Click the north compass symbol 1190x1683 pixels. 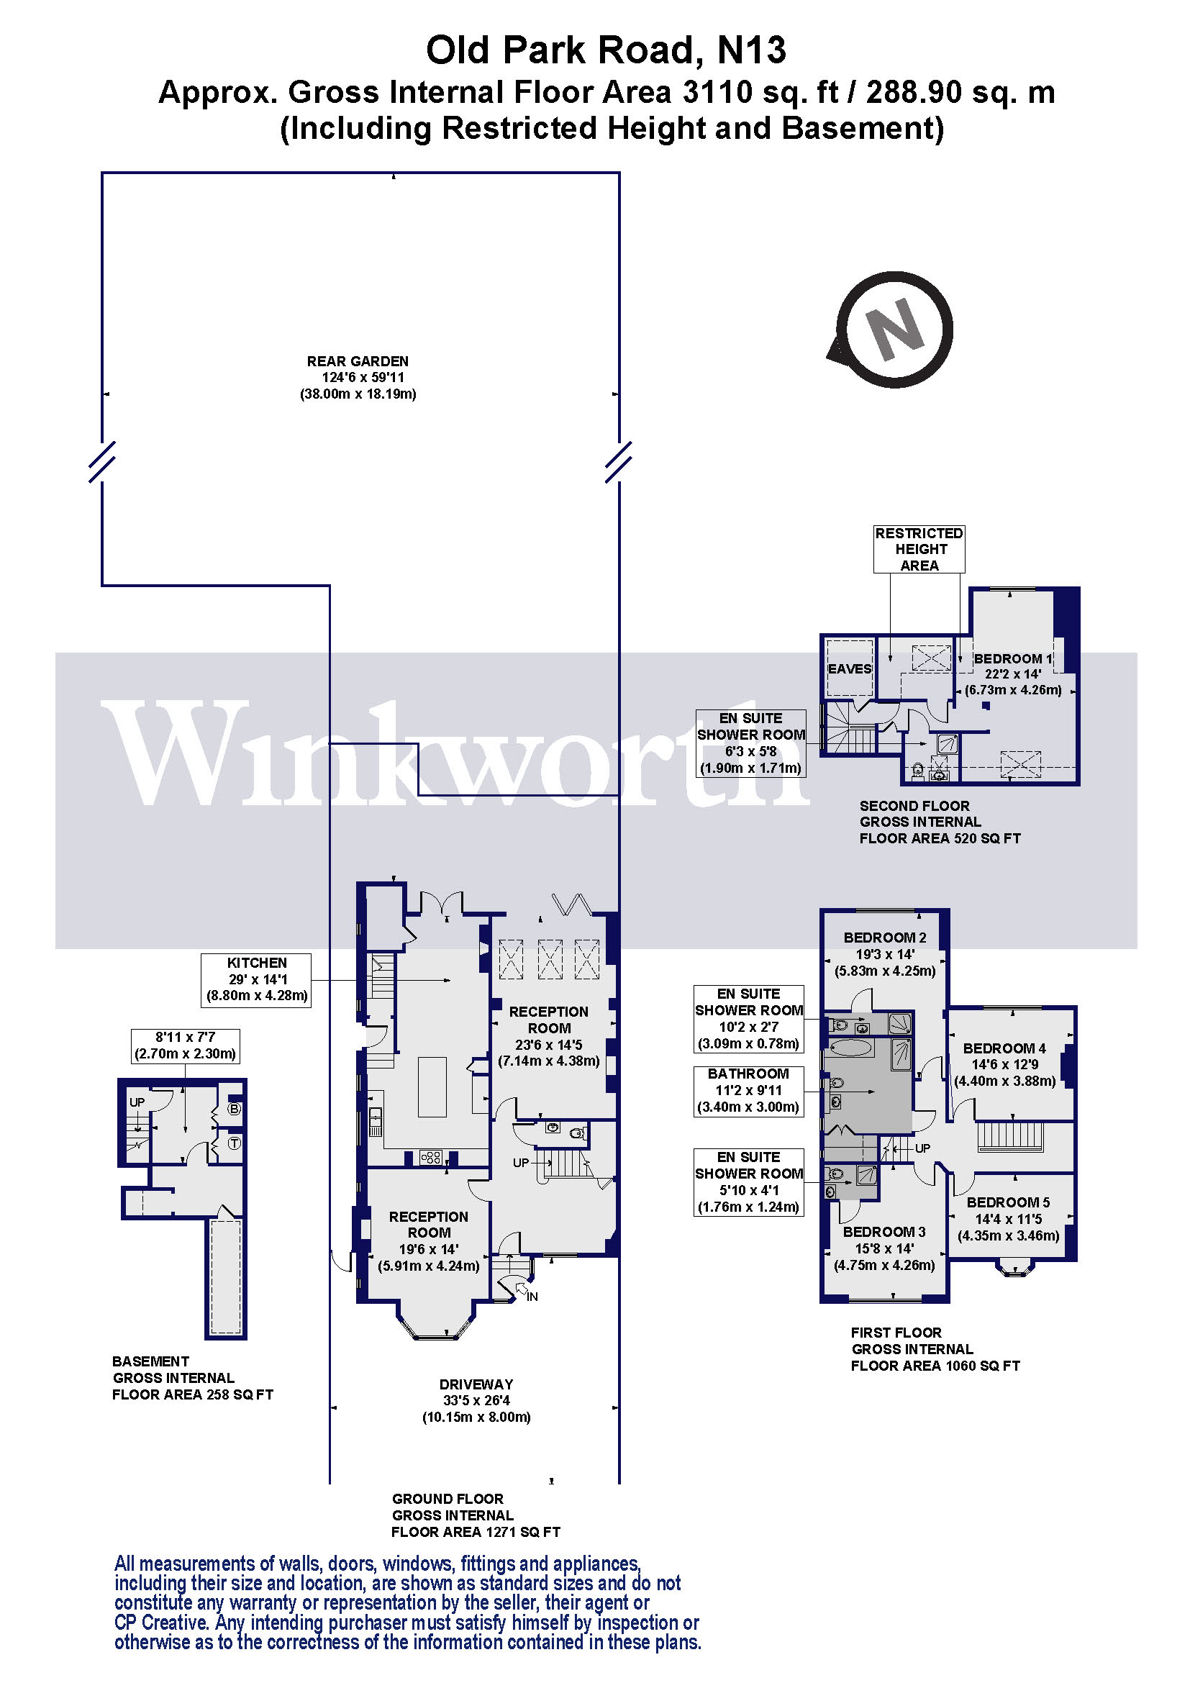coord(894,329)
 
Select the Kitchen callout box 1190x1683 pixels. coord(256,980)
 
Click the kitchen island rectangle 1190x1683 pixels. coord(432,1087)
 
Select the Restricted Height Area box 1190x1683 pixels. coord(919,549)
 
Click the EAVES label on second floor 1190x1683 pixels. coord(849,668)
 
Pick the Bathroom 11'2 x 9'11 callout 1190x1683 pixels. coord(748,1091)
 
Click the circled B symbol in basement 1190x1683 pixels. coord(235,1109)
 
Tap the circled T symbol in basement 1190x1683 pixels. coord(235,1143)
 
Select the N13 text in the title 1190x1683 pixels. coord(751,50)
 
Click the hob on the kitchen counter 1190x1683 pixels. coord(430,1158)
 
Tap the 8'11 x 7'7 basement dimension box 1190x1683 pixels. coord(185,1045)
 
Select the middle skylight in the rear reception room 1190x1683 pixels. coord(550,961)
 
